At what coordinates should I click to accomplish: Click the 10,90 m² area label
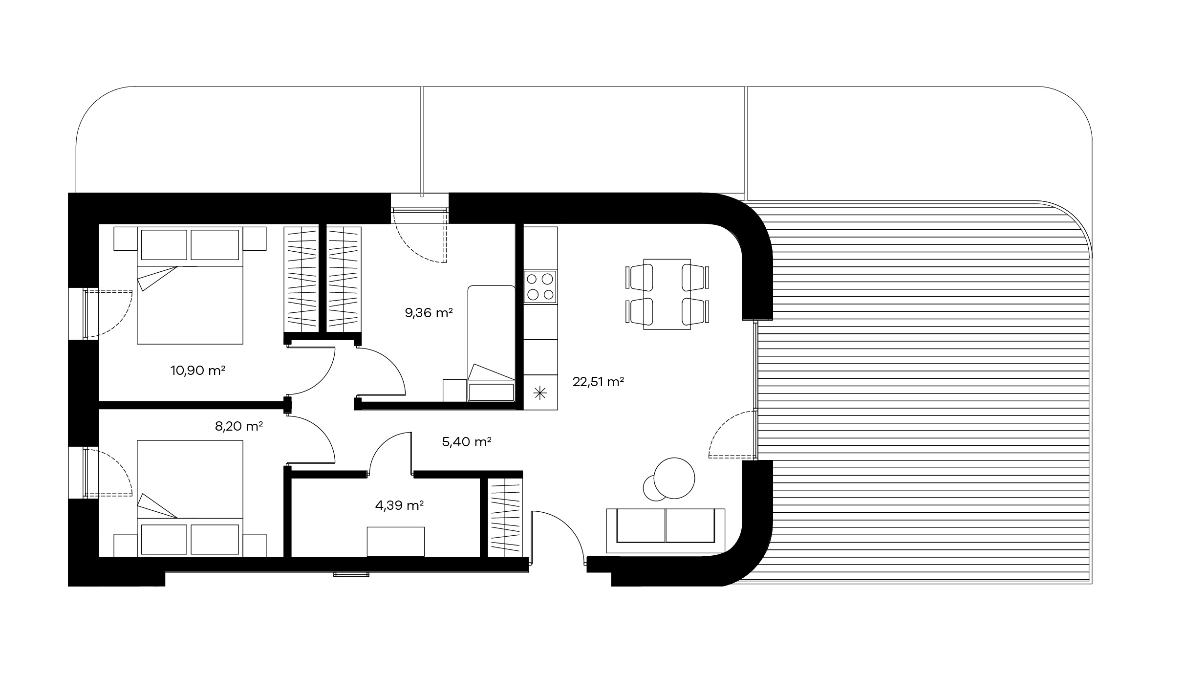[x=197, y=371]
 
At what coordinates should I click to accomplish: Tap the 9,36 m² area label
[x=429, y=313]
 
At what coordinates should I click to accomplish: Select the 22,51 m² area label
[x=598, y=382]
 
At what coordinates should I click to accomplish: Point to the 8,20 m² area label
[x=239, y=426]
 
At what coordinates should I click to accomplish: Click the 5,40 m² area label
[x=467, y=442]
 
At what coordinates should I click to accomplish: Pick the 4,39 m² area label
[x=399, y=505]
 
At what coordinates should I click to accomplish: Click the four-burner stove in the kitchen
[x=540, y=287]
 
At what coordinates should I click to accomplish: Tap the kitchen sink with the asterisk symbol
[x=540, y=393]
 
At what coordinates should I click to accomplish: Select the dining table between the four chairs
[x=667, y=294]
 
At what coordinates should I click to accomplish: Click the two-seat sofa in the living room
[x=666, y=531]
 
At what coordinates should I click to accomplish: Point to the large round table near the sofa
[x=674, y=478]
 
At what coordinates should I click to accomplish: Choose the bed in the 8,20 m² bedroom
[x=190, y=499]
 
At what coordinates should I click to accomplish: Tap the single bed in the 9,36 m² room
[x=492, y=344]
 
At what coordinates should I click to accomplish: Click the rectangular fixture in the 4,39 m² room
[x=396, y=542]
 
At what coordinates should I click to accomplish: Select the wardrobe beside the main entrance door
[x=505, y=519]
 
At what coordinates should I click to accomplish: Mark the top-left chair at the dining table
[x=640, y=277]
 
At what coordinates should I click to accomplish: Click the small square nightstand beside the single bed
[x=455, y=391]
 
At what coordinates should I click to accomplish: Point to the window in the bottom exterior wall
[x=351, y=574]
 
